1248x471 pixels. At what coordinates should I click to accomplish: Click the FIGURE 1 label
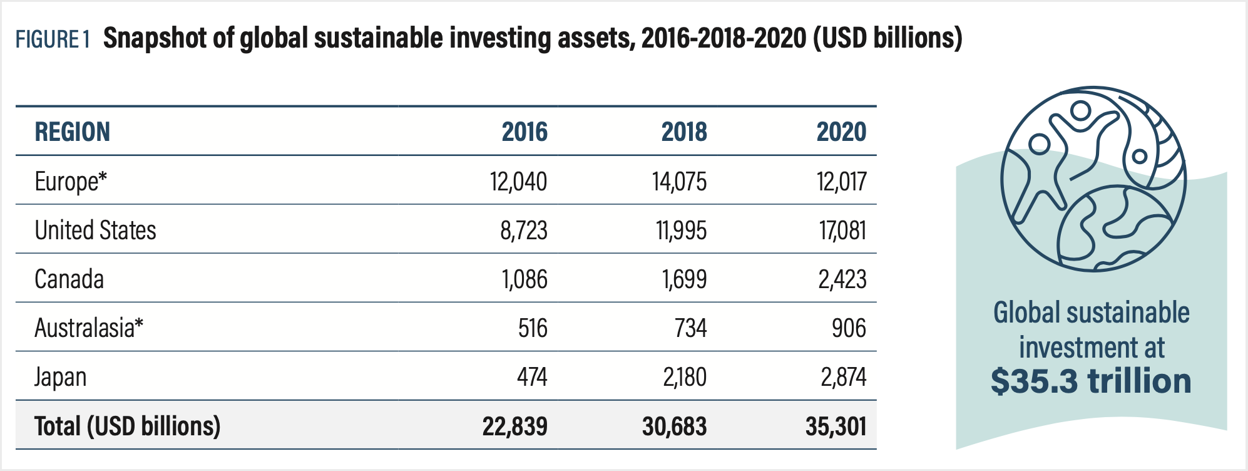click(53, 39)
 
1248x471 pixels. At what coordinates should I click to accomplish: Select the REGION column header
click(72, 132)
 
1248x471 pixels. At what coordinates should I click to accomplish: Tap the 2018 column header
click(683, 132)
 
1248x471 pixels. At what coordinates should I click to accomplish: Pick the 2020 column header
click(841, 132)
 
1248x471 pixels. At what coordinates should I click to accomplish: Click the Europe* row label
click(71, 182)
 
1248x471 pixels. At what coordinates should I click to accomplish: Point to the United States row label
click(95, 230)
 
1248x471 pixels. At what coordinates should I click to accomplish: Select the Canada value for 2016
click(524, 279)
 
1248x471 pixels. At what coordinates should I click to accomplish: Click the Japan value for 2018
click(684, 377)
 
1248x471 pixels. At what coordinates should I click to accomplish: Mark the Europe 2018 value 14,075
click(679, 182)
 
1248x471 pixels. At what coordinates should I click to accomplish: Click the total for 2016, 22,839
click(514, 427)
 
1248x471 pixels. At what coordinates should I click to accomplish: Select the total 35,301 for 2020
click(836, 427)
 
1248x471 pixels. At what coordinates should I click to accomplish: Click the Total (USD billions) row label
click(128, 427)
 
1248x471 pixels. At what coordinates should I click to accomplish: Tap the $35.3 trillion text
click(1091, 381)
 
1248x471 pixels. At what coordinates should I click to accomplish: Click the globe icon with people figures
click(1093, 179)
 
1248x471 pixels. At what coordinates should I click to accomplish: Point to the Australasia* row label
click(89, 328)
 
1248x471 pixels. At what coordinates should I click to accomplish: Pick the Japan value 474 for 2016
click(531, 377)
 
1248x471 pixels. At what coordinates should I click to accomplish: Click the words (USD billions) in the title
click(887, 39)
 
